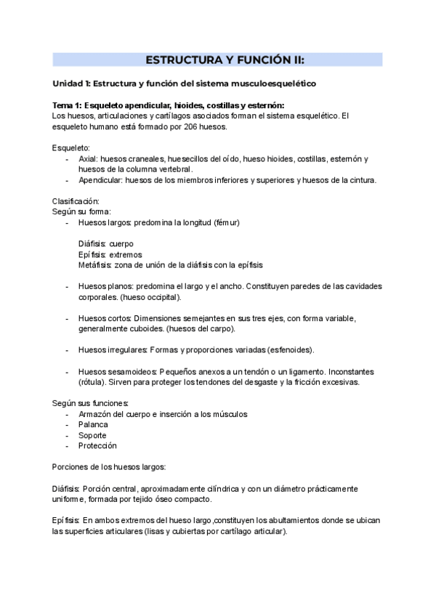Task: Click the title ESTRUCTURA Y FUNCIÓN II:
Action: (218, 60)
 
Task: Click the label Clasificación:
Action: (76, 200)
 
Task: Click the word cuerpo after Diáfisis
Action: (121, 243)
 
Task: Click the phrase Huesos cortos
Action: (105, 318)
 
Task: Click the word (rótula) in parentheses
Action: (93, 382)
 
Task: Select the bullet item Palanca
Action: (93, 424)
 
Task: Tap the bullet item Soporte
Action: (92, 435)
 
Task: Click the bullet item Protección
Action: (97, 445)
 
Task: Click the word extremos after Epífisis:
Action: (126, 254)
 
